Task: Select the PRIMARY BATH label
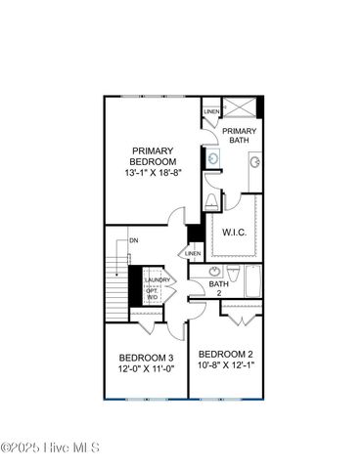click(239, 135)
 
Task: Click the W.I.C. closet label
click(234, 232)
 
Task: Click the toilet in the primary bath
click(212, 202)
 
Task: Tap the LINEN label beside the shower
click(211, 112)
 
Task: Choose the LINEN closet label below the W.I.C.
click(193, 254)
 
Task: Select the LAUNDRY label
click(159, 281)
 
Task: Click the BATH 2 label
click(219, 287)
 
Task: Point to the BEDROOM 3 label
click(147, 358)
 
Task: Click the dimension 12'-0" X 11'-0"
click(147, 370)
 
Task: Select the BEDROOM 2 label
click(226, 353)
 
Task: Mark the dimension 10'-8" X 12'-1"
click(226, 365)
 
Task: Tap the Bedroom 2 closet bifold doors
click(242, 315)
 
